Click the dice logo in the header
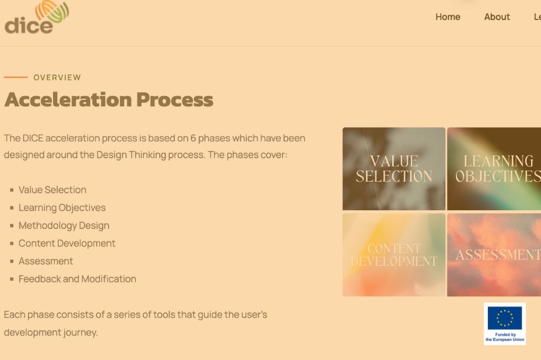click(37, 17)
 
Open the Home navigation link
click(447, 17)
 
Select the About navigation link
click(497, 17)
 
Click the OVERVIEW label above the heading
click(57, 78)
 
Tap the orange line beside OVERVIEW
click(16, 77)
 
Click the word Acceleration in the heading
click(68, 99)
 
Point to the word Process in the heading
click(175, 99)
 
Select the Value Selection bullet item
click(52, 190)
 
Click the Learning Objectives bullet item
click(62, 208)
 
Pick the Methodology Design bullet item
click(64, 225)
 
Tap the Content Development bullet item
click(67, 243)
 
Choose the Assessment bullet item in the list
click(46, 261)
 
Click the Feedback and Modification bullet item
click(77, 279)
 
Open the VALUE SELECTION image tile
click(394, 169)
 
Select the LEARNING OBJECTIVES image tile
click(494, 169)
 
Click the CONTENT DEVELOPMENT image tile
click(394, 255)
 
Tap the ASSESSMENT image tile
click(494, 255)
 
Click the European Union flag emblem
click(505, 318)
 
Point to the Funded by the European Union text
click(505, 337)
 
